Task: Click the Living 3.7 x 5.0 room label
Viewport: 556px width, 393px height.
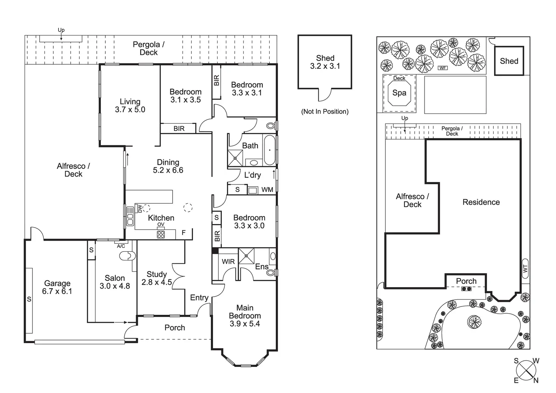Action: [x=130, y=105]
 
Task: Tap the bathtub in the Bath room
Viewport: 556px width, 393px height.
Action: [x=270, y=150]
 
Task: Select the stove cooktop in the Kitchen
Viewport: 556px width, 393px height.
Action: [x=161, y=234]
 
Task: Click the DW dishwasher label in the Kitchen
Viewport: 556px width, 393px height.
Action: [x=140, y=209]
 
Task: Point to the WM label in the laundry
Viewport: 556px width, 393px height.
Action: [x=267, y=190]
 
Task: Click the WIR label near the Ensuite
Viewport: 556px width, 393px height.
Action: [x=228, y=261]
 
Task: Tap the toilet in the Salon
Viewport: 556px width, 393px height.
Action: [x=128, y=256]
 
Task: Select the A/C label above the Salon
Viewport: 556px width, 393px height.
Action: [x=121, y=246]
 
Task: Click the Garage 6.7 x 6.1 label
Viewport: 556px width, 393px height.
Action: [x=57, y=287]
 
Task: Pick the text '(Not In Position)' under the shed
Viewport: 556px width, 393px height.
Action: [x=325, y=111]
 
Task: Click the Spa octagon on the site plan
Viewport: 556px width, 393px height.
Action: [x=399, y=93]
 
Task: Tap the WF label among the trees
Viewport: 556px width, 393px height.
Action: [x=443, y=68]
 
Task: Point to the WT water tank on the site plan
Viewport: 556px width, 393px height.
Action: [x=525, y=268]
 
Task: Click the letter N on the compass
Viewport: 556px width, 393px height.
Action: [x=536, y=380]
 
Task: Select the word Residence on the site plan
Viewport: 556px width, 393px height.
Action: [x=481, y=202]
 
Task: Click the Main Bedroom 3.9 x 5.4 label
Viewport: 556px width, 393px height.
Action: [x=245, y=316]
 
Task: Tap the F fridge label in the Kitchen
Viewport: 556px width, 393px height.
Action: [x=184, y=233]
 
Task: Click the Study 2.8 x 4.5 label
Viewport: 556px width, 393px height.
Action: [x=157, y=278]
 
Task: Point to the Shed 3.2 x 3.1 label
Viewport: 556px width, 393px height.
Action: [x=325, y=62]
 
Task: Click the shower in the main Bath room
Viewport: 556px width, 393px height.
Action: [x=235, y=158]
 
